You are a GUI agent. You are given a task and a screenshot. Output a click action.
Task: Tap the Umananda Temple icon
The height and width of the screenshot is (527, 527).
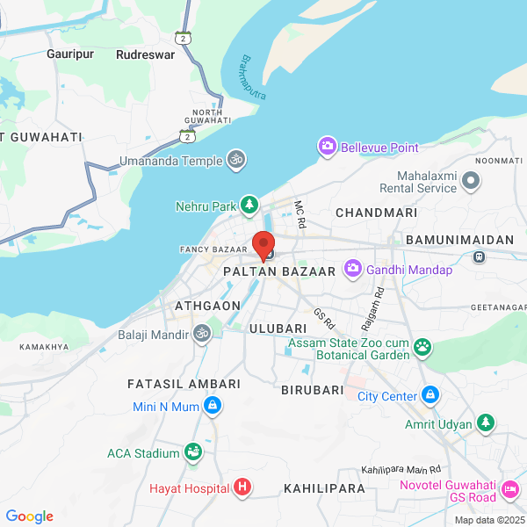click(235, 160)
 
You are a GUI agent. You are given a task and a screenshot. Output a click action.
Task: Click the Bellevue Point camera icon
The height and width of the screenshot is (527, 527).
click(328, 146)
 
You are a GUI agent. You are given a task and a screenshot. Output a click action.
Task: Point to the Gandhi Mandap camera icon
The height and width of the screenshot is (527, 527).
click(353, 268)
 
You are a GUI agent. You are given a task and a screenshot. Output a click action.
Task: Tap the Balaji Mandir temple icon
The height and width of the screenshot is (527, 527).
click(202, 334)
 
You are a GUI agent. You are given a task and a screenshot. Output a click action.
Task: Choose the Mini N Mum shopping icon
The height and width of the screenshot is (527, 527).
click(211, 405)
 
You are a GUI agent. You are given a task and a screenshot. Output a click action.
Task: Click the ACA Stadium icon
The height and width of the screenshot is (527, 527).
click(192, 452)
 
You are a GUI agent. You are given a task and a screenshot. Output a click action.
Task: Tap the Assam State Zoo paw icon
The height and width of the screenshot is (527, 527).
click(423, 347)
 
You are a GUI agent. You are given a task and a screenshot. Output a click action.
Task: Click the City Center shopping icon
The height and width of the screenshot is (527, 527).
click(430, 396)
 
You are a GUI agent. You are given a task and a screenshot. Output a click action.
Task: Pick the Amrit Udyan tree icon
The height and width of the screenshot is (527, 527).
click(486, 423)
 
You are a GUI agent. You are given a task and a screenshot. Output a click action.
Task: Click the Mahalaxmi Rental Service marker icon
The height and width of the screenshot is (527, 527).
click(472, 181)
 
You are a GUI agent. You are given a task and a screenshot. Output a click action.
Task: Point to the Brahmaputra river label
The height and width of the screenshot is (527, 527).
click(253, 77)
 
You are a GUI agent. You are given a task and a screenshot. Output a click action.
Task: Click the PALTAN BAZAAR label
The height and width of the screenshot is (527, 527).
click(279, 272)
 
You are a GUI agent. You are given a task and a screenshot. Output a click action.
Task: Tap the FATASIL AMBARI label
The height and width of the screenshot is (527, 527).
click(184, 385)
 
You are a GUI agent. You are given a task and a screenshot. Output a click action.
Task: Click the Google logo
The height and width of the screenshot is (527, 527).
click(29, 516)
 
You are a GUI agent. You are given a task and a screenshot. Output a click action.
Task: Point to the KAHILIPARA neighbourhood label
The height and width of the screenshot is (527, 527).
click(324, 488)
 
